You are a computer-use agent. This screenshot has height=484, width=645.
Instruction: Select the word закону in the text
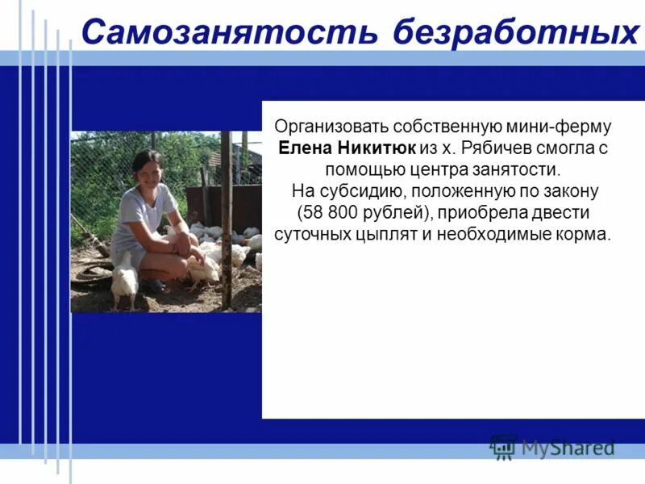pyautogui.click(x=572, y=193)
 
